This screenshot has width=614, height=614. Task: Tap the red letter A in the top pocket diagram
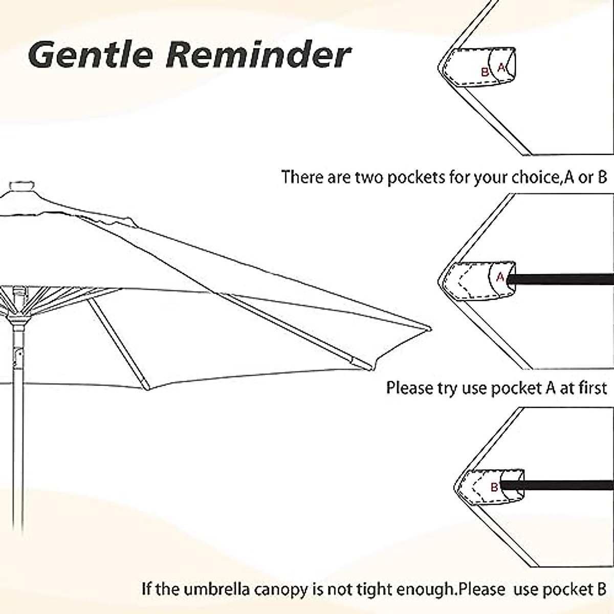[x=501, y=68]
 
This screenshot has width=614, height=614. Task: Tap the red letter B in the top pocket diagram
[x=485, y=72]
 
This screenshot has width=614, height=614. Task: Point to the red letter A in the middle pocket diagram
[x=500, y=277]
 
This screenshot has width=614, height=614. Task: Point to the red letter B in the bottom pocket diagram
[x=494, y=487]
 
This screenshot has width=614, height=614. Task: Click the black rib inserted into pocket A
[x=563, y=279]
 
